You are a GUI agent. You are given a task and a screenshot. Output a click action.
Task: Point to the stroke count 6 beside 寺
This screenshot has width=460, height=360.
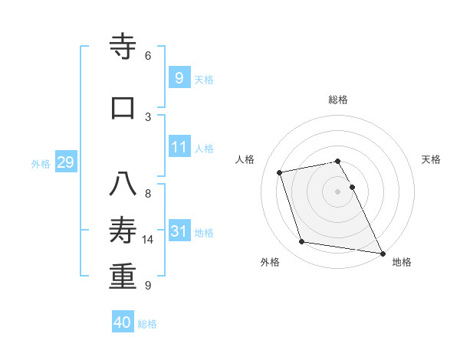[x=148, y=56]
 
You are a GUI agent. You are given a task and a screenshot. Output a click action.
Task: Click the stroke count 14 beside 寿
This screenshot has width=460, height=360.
[x=148, y=240]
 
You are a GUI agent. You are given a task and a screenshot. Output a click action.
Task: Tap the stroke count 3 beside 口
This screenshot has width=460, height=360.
[x=148, y=116]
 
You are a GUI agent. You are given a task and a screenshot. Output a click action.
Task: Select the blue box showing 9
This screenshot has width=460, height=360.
[x=179, y=77]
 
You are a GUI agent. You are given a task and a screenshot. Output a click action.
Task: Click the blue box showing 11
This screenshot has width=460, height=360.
[x=179, y=147]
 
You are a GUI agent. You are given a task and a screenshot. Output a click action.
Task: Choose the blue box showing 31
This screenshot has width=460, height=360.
[x=179, y=231]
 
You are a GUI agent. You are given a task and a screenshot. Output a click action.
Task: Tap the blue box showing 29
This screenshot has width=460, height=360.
[x=65, y=162]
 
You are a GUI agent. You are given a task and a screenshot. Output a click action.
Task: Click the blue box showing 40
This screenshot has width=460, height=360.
[x=123, y=322]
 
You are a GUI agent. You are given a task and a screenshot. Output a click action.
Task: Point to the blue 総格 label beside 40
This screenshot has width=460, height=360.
[x=147, y=324]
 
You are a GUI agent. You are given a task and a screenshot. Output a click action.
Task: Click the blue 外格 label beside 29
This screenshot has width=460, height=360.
[x=41, y=164]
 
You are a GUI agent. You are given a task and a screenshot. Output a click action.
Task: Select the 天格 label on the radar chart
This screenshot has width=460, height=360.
[x=431, y=159]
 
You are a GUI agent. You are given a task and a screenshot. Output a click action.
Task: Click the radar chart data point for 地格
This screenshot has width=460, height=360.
[x=382, y=252]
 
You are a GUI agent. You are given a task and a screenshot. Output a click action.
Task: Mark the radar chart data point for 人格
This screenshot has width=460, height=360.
[x=280, y=172]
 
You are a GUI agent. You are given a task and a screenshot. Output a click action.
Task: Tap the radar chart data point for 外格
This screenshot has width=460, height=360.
[x=302, y=242]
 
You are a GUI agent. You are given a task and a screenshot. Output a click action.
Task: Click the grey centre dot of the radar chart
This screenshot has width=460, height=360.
[x=337, y=191]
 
